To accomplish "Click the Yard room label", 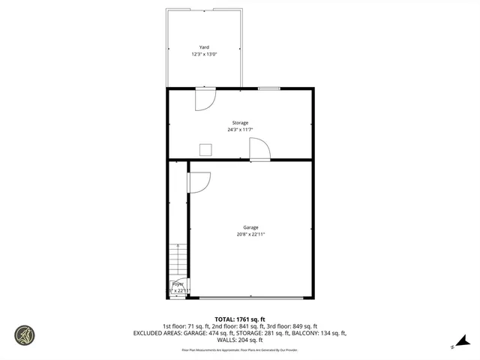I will click(204, 47).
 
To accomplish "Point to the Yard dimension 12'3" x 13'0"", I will click(204, 55).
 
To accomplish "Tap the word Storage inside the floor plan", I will click(239, 123).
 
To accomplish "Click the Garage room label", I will click(250, 227).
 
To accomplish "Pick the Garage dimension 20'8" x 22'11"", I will click(250, 235).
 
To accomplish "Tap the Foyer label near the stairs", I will click(178, 284).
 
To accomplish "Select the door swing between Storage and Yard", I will click(205, 99).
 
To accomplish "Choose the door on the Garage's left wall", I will click(199, 182).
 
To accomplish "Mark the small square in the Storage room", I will click(205, 148).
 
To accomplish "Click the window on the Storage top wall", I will click(268, 88).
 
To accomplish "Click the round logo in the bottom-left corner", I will click(25, 334).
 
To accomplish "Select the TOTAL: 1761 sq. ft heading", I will click(239, 319).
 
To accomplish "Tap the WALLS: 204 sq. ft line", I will click(239, 340).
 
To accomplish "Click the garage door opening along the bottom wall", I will click(252, 298).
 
